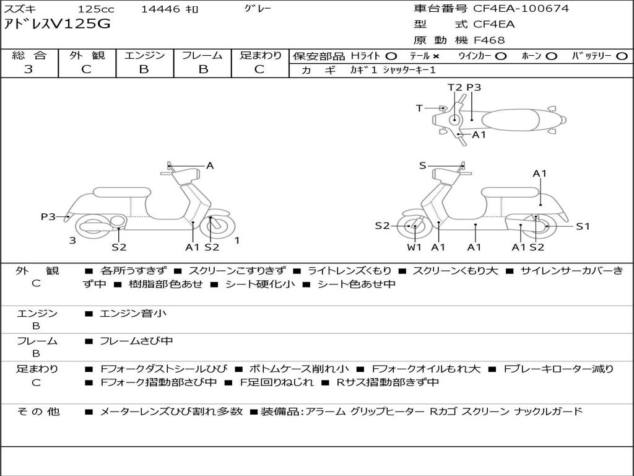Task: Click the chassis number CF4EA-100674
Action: point(521,9)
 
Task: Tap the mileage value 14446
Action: point(160,9)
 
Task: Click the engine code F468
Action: point(489,40)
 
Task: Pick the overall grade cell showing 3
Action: point(28,69)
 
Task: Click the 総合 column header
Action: point(28,55)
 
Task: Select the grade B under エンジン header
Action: point(144,69)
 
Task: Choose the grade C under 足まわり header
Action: point(259,69)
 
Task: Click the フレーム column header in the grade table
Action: point(202,55)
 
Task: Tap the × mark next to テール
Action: point(436,56)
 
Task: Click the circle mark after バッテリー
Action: point(622,56)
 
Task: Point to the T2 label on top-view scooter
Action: point(454,87)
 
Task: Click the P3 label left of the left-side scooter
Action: point(48,216)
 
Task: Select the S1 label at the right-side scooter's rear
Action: point(583,226)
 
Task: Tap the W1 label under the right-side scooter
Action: point(414,247)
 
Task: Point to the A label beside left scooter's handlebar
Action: point(210,165)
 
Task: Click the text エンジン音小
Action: point(133,314)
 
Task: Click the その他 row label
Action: point(37,412)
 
